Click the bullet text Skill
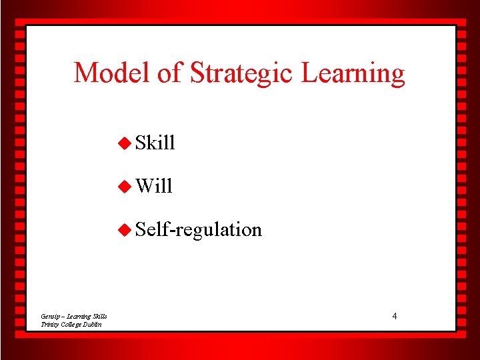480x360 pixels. pyautogui.click(x=155, y=143)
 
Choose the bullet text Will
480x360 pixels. pyautogui.click(x=153, y=186)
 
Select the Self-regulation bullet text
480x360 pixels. pyautogui.click(x=198, y=230)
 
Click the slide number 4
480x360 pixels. pyautogui.click(x=394, y=315)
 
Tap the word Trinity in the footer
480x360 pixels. pyautogui.click(x=50, y=324)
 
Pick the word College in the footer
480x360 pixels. pyautogui.click(x=73, y=325)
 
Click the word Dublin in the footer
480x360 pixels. pyautogui.click(x=94, y=324)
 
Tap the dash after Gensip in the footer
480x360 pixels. pyautogui.click(x=64, y=317)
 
